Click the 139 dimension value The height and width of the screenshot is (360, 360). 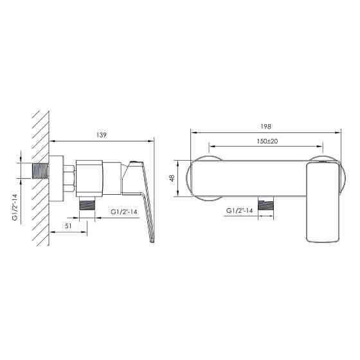(102, 135)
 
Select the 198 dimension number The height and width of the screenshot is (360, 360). (266, 126)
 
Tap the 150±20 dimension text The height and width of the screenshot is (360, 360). (267, 141)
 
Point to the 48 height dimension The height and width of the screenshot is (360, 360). (172, 178)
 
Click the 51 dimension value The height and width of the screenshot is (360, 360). (68, 226)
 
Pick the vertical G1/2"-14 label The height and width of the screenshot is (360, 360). (15, 207)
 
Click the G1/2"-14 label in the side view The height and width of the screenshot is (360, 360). (124, 212)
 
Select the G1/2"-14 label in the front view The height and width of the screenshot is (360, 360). (239, 211)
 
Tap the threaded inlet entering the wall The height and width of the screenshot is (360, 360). (40, 171)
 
